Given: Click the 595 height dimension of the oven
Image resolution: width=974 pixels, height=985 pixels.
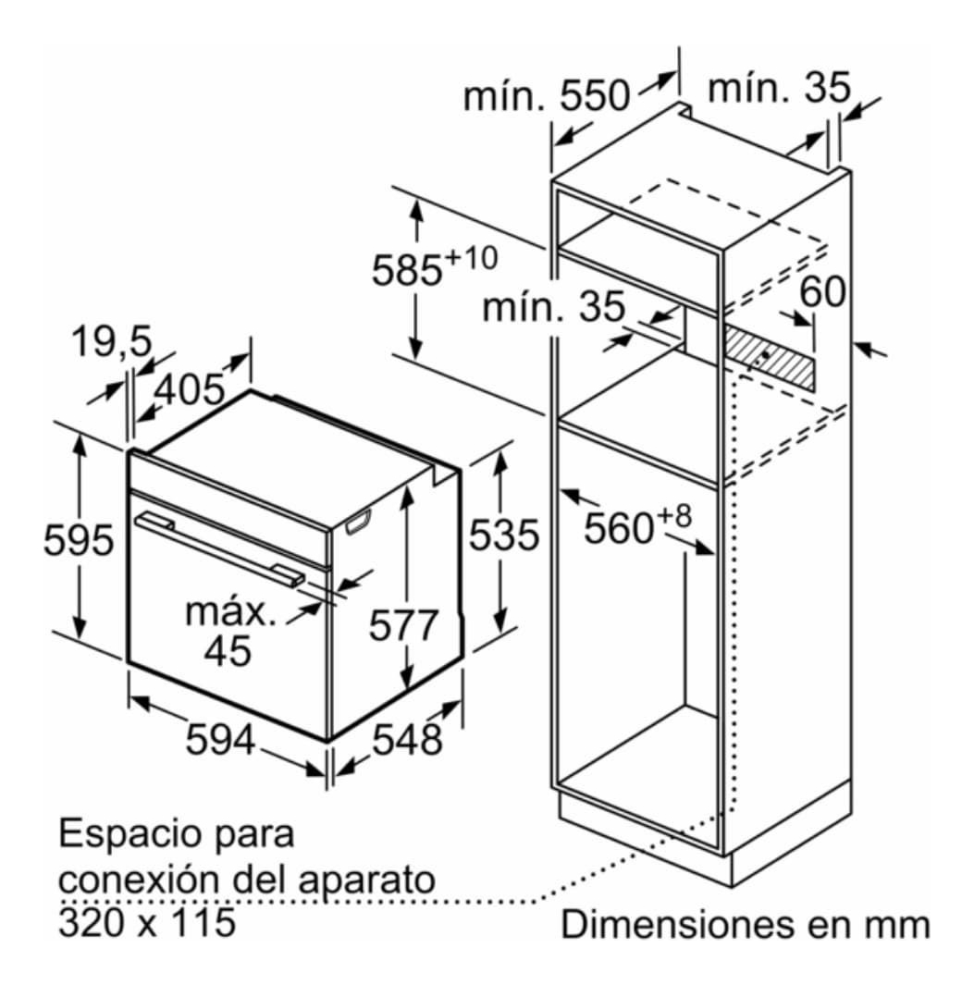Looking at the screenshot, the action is (x=79, y=540).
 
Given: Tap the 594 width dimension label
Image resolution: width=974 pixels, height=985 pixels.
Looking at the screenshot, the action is (x=220, y=739).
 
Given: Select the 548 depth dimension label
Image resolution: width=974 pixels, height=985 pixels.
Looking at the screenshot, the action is (x=407, y=739).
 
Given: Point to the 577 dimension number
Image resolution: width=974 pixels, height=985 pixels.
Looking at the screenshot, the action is (x=402, y=625).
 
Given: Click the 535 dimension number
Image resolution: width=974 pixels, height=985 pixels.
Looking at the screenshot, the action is (x=504, y=536).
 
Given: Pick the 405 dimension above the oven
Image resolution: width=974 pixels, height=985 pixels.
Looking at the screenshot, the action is (x=189, y=389).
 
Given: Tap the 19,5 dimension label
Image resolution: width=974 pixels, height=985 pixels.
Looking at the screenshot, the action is (x=112, y=342).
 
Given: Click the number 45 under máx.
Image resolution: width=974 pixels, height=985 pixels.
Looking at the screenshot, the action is (x=228, y=650).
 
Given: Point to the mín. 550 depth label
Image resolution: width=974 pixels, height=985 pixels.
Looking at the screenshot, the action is (x=546, y=95).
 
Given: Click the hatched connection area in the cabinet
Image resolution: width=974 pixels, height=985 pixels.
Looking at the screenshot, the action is (x=768, y=356).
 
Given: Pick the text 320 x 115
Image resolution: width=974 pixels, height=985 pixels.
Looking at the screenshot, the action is (x=148, y=921).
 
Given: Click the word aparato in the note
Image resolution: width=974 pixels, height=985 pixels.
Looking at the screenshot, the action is (x=366, y=880).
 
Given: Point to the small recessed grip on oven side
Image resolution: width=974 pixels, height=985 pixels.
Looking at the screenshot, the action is (x=358, y=523).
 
